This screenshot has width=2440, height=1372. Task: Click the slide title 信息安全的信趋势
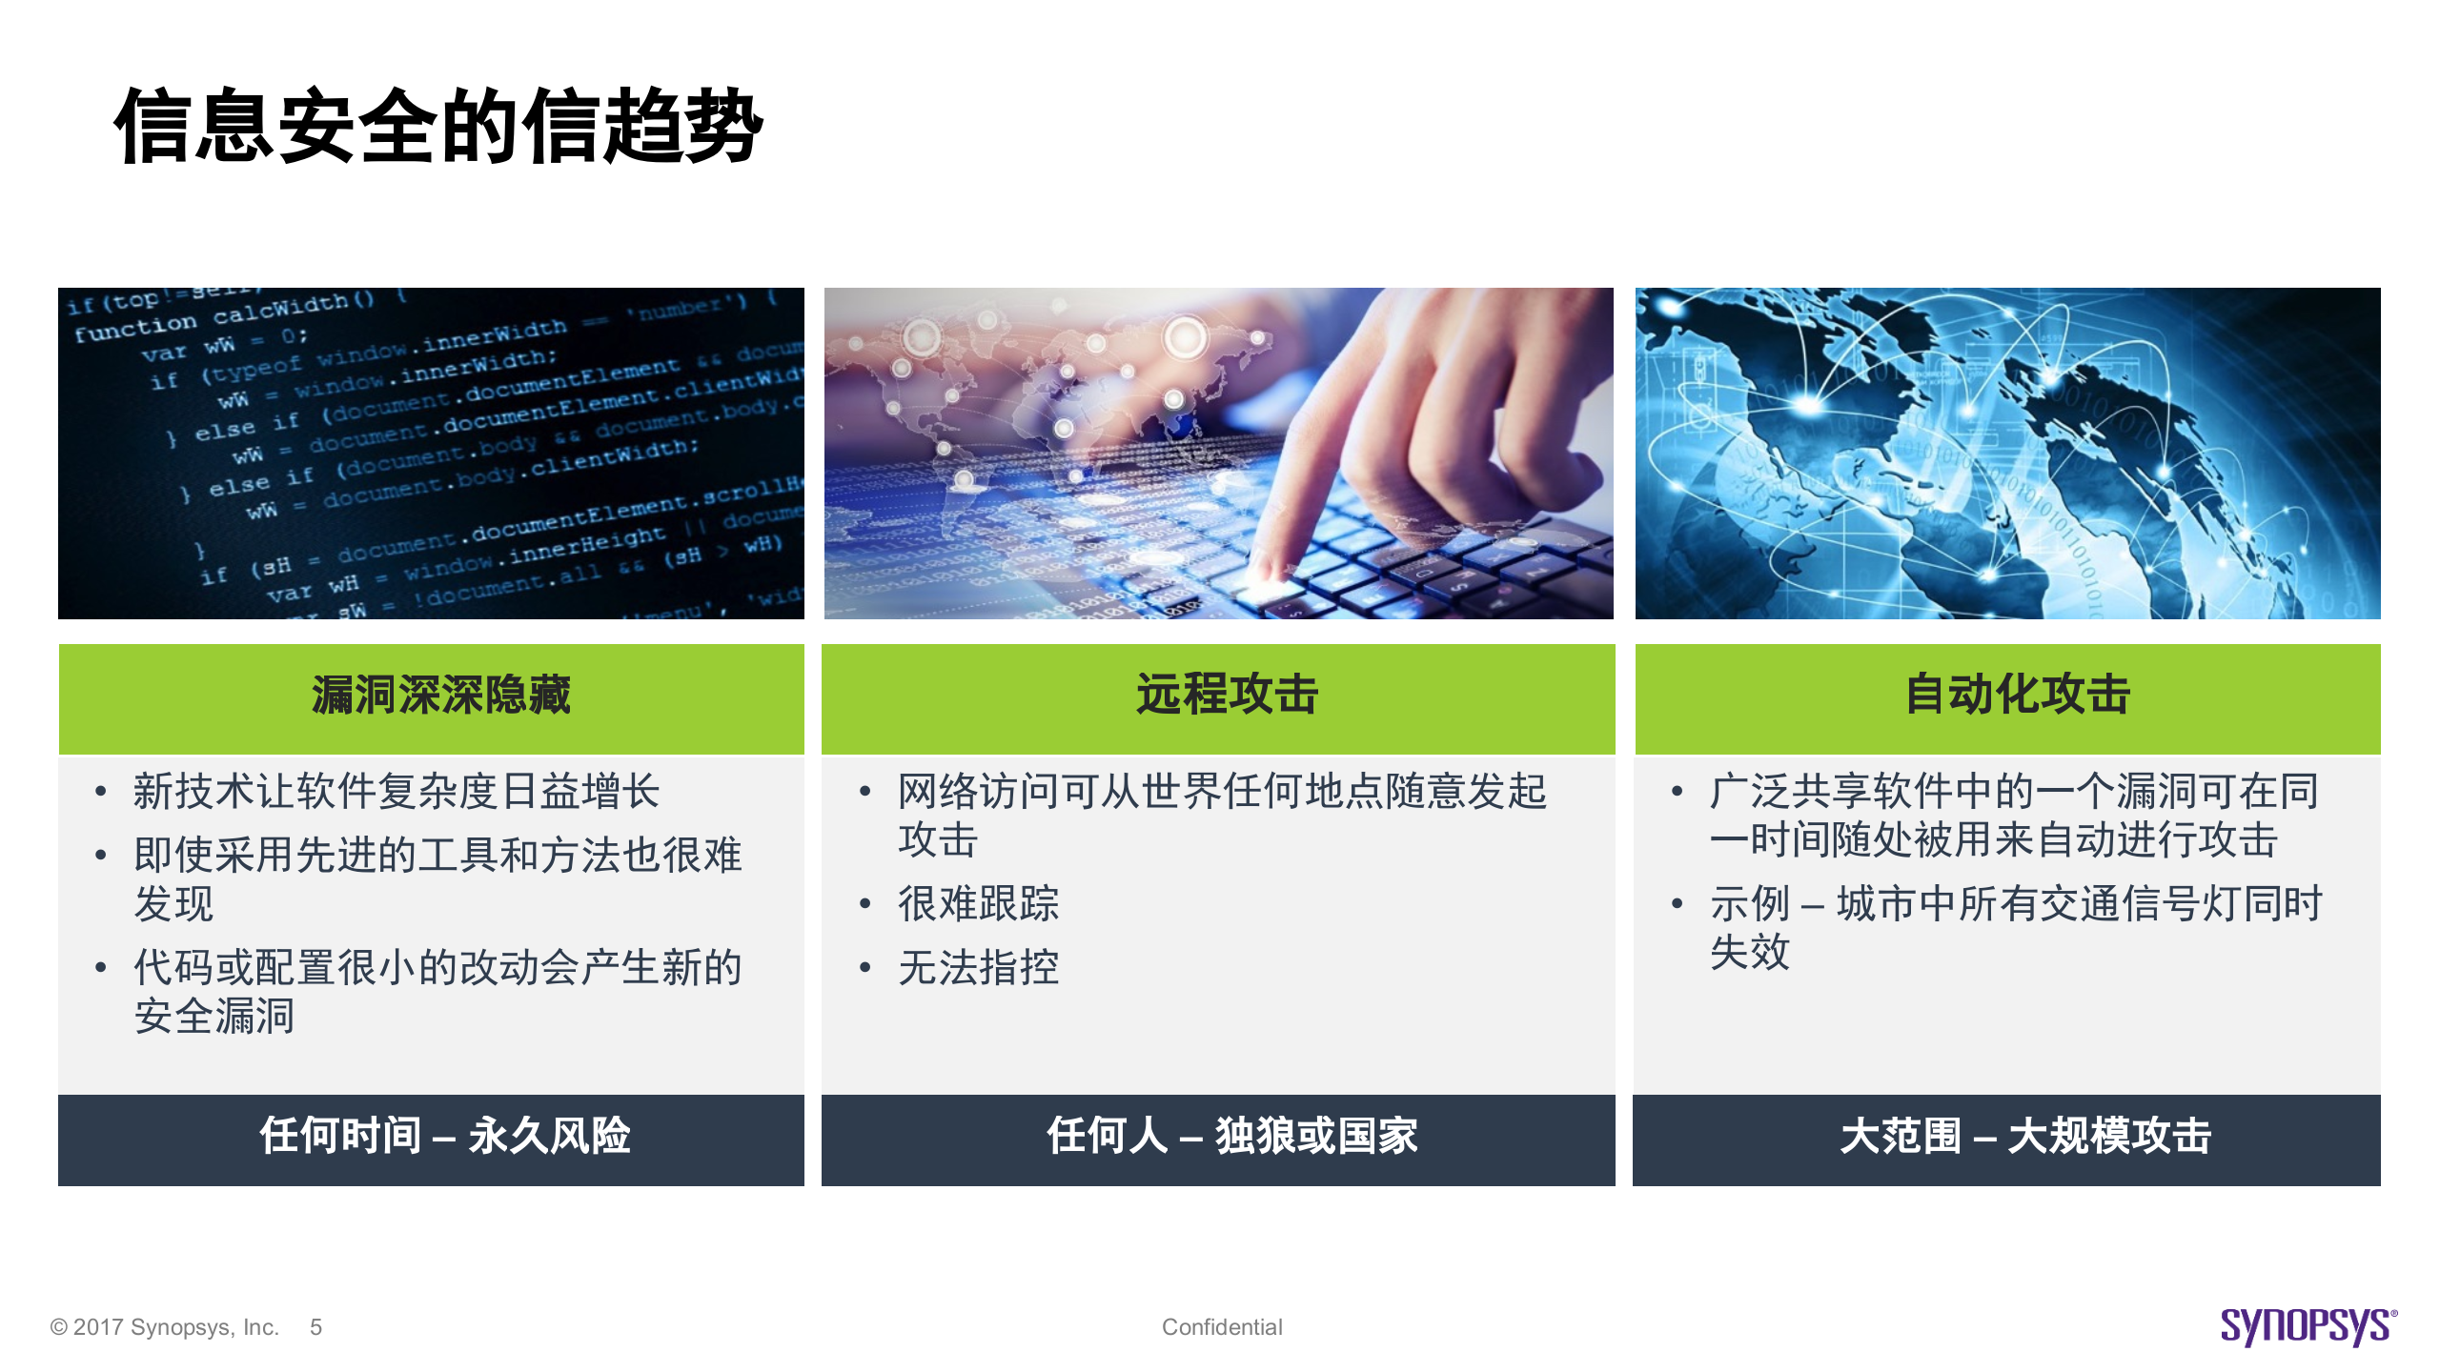(438, 127)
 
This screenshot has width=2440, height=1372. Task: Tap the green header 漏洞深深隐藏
(440, 695)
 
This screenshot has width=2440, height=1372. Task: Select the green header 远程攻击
(1226, 695)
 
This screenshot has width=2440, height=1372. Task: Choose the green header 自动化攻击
(2017, 695)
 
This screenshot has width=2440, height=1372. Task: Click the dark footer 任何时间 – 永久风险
(444, 1137)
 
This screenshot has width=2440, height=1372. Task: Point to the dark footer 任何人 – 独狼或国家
(1231, 1137)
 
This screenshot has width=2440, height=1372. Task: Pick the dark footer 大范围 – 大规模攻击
(2024, 1137)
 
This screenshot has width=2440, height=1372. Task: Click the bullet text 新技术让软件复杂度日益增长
(396, 792)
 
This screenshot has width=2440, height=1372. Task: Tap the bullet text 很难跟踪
(979, 903)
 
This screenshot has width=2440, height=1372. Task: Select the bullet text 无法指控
(979, 968)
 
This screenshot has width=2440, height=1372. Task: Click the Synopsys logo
(2307, 1325)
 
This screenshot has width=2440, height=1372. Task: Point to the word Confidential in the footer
(1222, 1327)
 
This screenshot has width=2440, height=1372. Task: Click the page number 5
(315, 1327)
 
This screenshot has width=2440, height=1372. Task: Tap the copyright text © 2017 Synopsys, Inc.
(164, 1327)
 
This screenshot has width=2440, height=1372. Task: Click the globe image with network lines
(2007, 454)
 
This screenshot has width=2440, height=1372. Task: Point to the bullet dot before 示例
(1677, 903)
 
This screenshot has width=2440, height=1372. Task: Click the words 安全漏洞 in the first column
(214, 1017)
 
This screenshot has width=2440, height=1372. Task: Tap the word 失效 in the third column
(1750, 952)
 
